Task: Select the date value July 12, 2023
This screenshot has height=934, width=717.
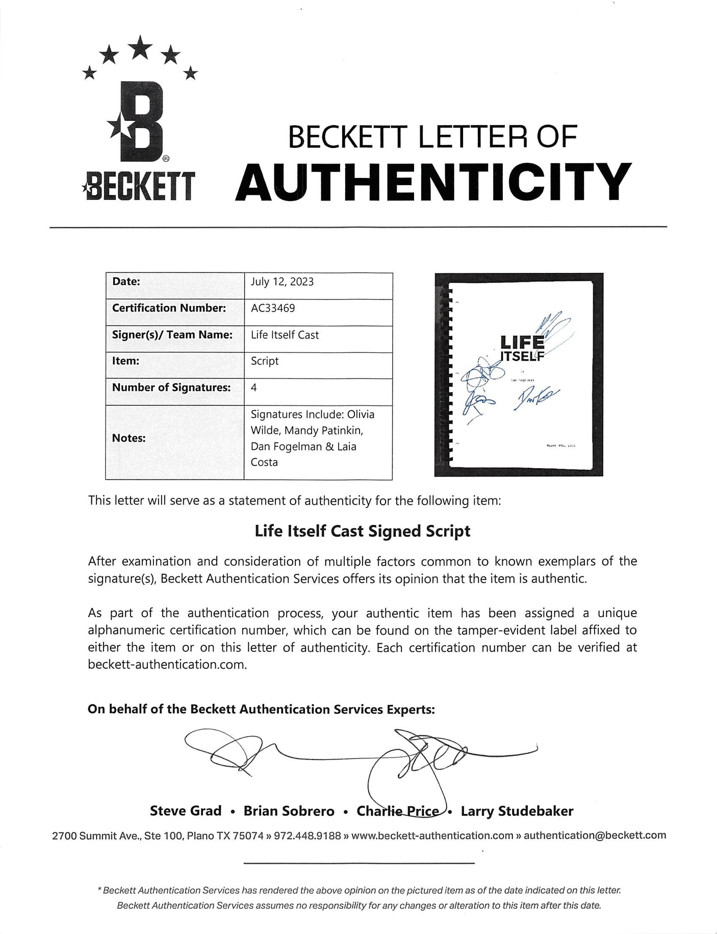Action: [282, 282]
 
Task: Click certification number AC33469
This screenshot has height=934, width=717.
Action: [273, 308]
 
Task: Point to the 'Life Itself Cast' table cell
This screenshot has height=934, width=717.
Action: [285, 335]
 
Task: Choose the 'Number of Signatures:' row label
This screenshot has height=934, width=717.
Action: [171, 387]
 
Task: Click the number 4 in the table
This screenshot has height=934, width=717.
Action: [253, 387]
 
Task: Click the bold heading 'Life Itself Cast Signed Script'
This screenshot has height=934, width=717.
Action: [362, 531]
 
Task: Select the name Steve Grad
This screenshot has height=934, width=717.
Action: [186, 811]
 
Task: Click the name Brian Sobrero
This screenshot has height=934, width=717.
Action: [289, 811]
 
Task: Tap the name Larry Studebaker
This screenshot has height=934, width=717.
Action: [517, 811]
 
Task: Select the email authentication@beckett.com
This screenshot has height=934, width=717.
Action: [595, 835]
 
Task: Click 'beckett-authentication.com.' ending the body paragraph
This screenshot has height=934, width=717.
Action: [168, 665]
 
